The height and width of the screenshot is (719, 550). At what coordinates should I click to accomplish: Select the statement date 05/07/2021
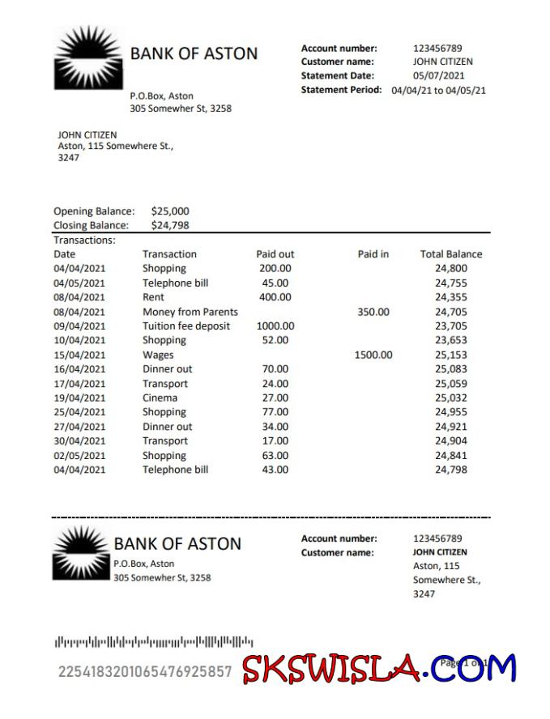(x=438, y=75)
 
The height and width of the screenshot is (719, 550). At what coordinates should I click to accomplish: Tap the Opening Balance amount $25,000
(x=170, y=211)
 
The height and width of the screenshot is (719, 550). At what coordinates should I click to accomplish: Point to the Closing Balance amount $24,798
(x=170, y=225)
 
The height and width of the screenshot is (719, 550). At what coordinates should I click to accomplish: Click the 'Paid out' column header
(x=275, y=254)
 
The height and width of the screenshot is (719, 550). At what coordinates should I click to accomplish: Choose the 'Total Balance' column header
(x=450, y=254)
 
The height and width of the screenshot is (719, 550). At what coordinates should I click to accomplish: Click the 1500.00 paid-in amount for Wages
(x=373, y=355)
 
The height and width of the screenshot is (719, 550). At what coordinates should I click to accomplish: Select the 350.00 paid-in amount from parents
(x=373, y=312)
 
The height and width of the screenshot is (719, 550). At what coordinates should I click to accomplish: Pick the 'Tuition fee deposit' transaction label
(x=186, y=326)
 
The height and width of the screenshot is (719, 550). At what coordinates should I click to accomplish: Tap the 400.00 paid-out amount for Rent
(x=275, y=297)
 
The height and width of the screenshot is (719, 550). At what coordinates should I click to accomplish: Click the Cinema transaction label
(x=160, y=398)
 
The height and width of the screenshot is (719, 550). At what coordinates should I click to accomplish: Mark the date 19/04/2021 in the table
(x=79, y=398)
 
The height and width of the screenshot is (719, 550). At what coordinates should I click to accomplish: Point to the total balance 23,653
(x=451, y=340)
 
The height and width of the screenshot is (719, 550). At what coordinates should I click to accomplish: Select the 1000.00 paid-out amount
(x=275, y=326)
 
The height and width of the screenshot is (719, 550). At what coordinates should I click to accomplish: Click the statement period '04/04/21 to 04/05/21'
(x=438, y=90)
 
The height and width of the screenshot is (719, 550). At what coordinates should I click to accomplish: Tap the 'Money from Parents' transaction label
(x=190, y=312)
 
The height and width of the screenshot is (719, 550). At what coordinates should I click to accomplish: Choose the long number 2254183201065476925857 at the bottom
(x=145, y=671)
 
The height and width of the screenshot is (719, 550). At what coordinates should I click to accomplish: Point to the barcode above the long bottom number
(x=154, y=643)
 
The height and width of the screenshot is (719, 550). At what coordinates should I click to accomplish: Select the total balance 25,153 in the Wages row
(x=451, y=355)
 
